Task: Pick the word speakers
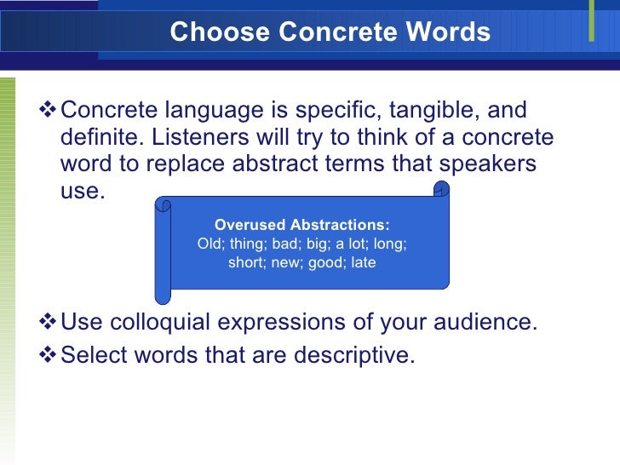(486, 164)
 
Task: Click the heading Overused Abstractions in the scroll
(301, 225)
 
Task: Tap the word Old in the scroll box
(209, 244)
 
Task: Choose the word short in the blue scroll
(246, 262)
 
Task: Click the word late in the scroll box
(363, 262)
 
